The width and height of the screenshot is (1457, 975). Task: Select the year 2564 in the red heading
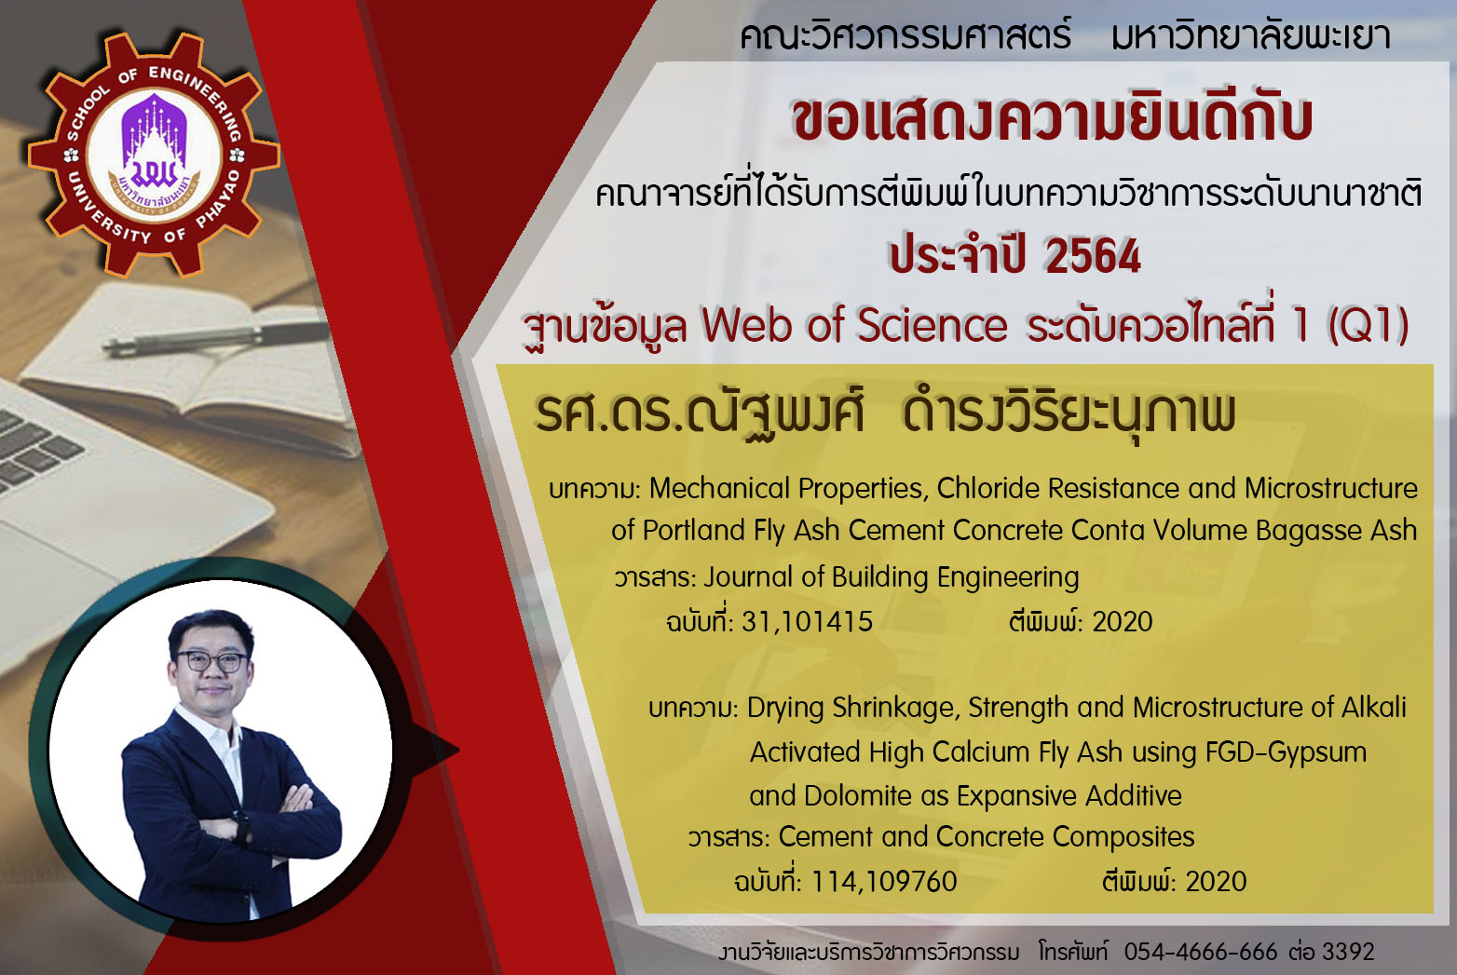click(x=1093, y=256)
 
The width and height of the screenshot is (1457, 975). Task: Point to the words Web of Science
click(x=854, y=324)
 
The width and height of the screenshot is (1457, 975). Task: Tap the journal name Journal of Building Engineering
click(x=892, y=577)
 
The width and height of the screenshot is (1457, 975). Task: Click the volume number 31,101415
click(x=807, y=622)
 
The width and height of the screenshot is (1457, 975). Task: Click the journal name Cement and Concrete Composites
click(x=986, y=837)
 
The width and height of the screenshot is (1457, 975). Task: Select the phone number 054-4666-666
click(x=1201, y=952)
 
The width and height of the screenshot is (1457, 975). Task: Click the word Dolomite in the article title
click(x=860, y=796)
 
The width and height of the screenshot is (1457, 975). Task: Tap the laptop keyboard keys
click(x=33, y=449)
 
